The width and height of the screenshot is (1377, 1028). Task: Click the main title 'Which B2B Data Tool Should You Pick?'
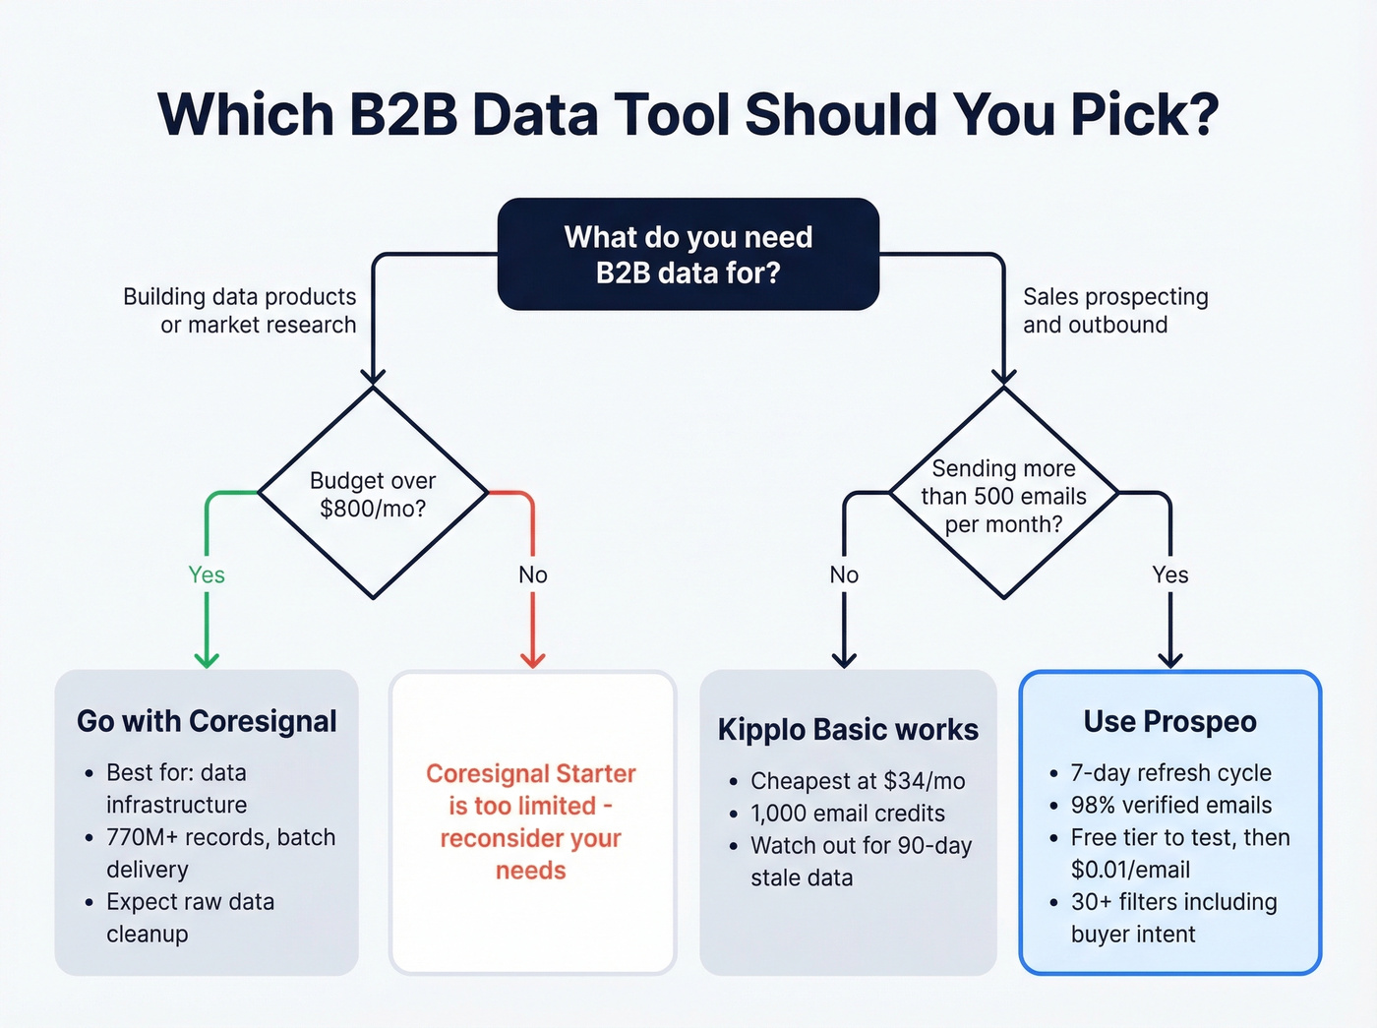pos(688,114)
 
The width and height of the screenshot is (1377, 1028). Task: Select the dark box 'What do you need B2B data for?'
pos(688,254)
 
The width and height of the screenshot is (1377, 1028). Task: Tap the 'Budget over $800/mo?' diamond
pos(373,494)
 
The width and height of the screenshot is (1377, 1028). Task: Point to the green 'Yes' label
pos(207,574)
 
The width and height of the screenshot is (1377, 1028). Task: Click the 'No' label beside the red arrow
pos(532,574)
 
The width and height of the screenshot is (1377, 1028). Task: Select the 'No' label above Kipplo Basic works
pos(844,574)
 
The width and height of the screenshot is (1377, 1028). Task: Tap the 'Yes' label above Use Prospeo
pos(1169,574)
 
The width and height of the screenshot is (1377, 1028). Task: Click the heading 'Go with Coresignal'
pos(207,721)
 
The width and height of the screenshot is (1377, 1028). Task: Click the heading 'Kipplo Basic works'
pos(848,729)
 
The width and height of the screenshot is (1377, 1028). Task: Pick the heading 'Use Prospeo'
pos(1169,721)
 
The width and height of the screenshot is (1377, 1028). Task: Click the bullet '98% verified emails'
pos(1170,805)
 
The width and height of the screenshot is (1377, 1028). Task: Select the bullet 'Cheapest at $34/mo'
pos(857,781)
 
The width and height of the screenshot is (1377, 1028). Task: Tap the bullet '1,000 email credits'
pos(847,814)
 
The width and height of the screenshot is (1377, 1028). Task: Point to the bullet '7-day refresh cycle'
pos(1170,772)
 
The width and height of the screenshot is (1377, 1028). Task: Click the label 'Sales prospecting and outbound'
pos(1115,311)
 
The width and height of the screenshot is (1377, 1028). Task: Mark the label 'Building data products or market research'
pos(240,311)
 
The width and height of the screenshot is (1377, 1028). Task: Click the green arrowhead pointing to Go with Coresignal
pos(207,659)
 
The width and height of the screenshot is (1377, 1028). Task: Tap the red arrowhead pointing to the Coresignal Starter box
pos(532,659)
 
